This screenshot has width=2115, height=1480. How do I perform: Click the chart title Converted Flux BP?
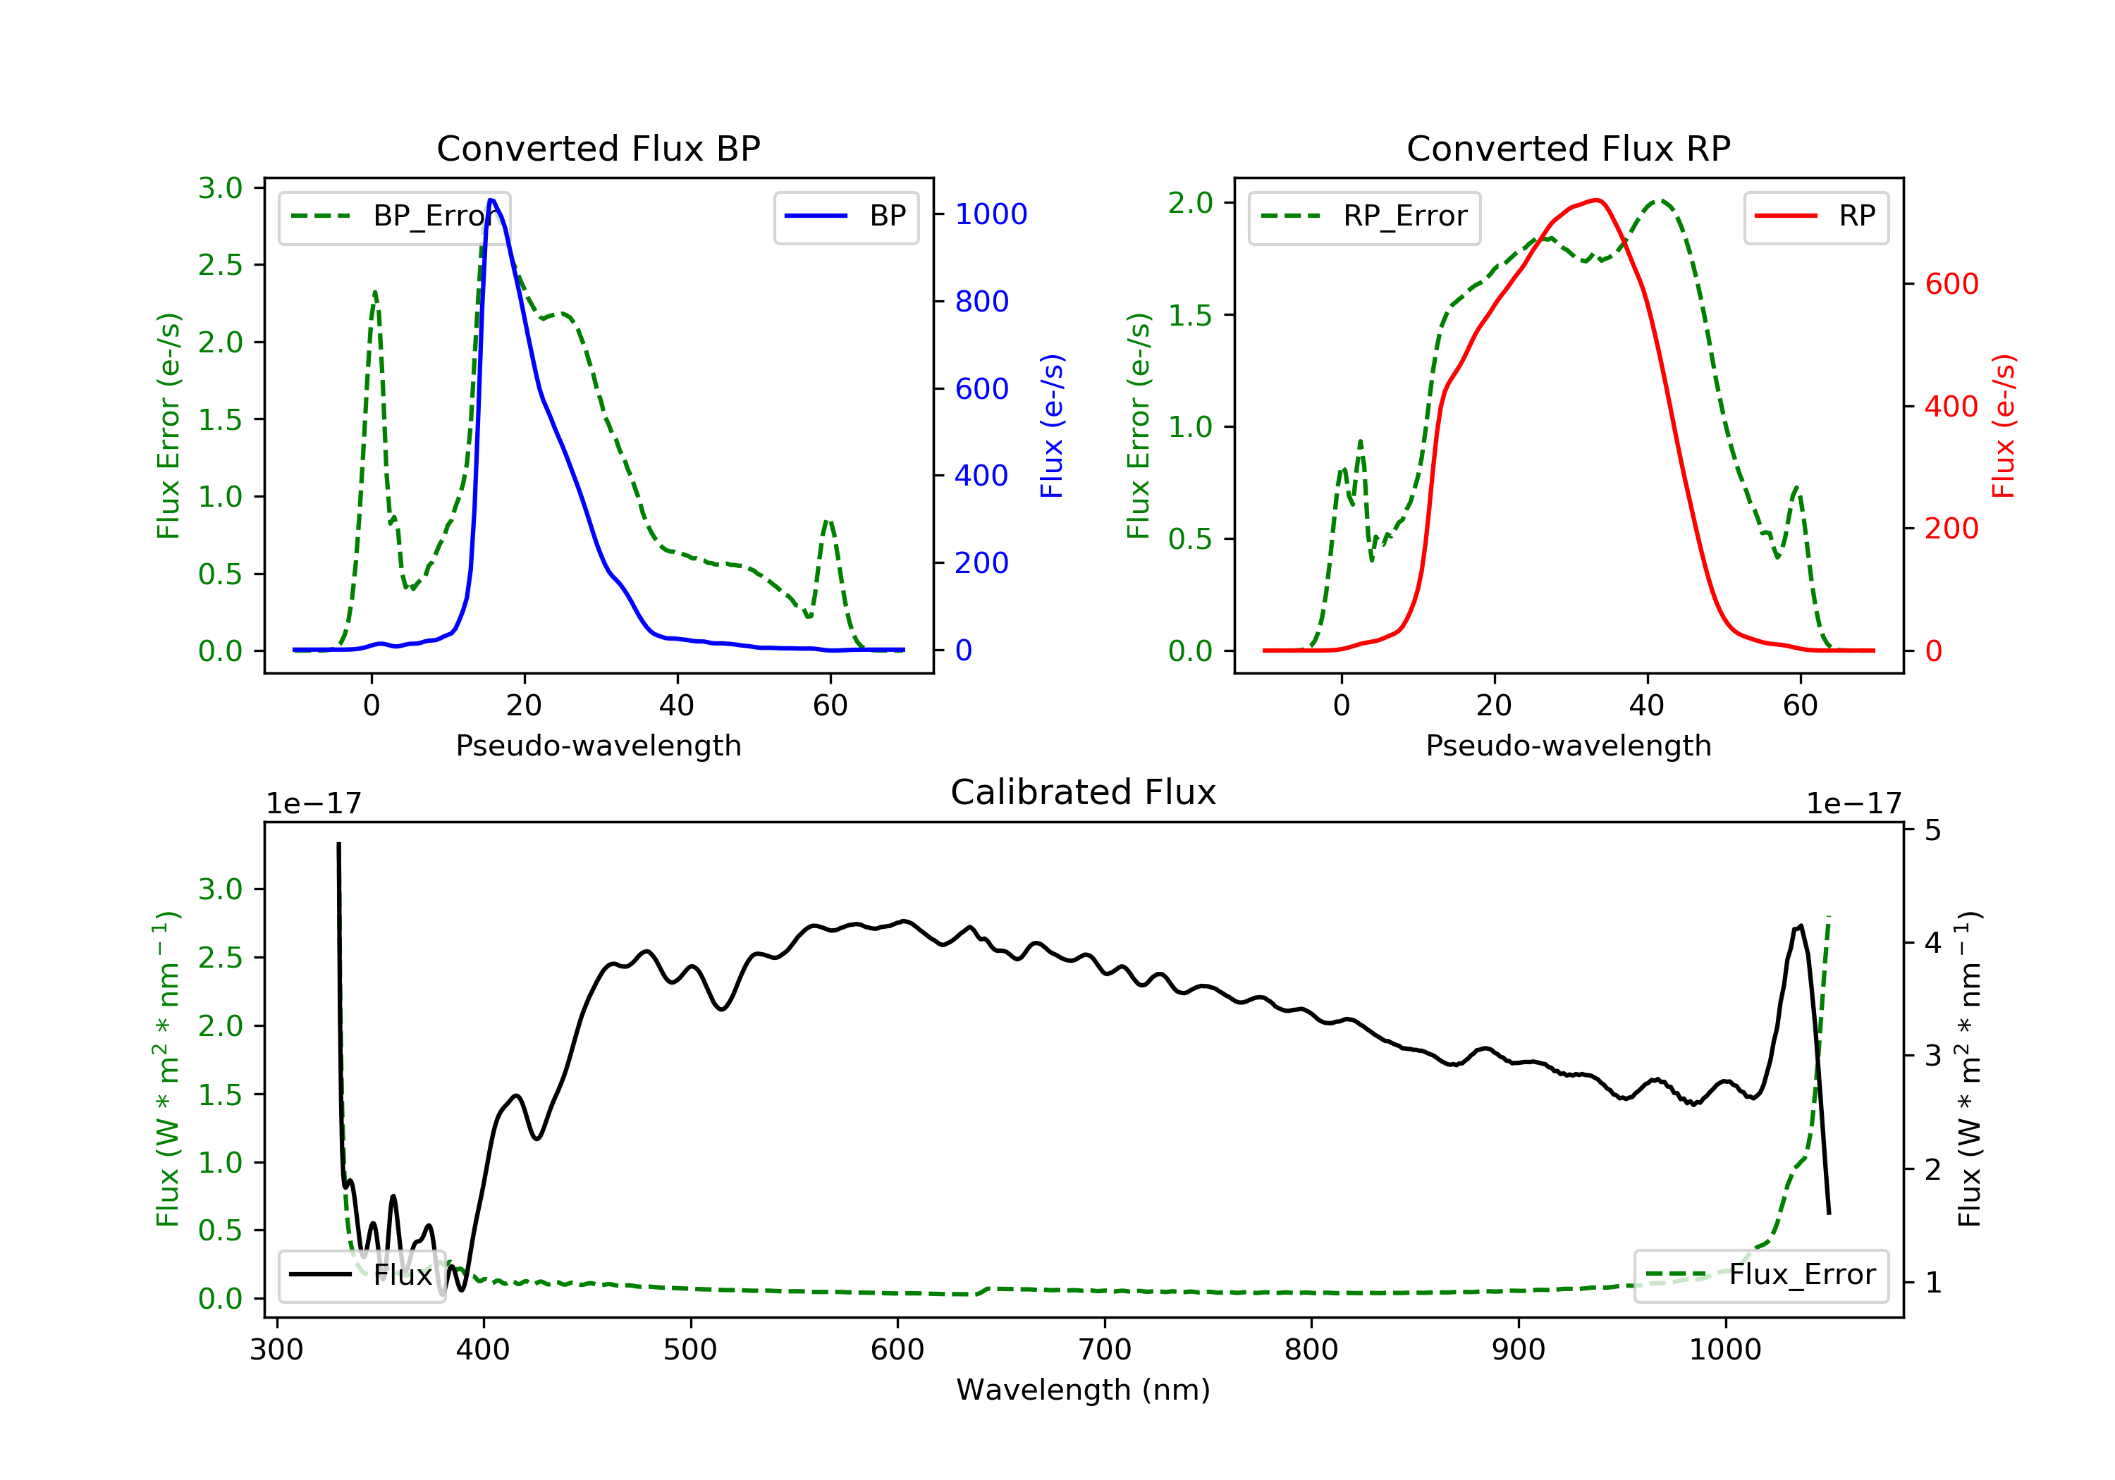click(x=598, y=148)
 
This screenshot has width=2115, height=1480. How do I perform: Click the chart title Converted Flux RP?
click(x=1568, y=148)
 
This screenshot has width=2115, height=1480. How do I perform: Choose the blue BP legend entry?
click(x=845, y=216)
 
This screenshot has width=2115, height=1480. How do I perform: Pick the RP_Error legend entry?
click(x=1364, y=216)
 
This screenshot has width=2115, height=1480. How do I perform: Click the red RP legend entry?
click(x=1815, y=216)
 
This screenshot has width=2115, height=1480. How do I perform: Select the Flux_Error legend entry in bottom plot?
click(x=1760, y=1275)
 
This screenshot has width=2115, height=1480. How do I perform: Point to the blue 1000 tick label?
click(x=991, y=214)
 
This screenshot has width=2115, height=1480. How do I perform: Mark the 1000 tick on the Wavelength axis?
click(x=1724, y=1350)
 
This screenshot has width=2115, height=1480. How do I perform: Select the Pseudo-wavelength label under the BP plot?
click(x=598, y=745)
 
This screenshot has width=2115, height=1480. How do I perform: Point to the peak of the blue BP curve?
click(x=491, y=200)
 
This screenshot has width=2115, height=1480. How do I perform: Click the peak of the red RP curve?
click(x=1596, y=200)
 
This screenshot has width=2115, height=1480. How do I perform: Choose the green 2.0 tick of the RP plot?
click(x=1190, y=202)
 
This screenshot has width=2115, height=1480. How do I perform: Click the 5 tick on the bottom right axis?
click(x=1932, y=831)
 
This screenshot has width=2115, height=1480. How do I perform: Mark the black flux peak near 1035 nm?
click(x=1800, y=927)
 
